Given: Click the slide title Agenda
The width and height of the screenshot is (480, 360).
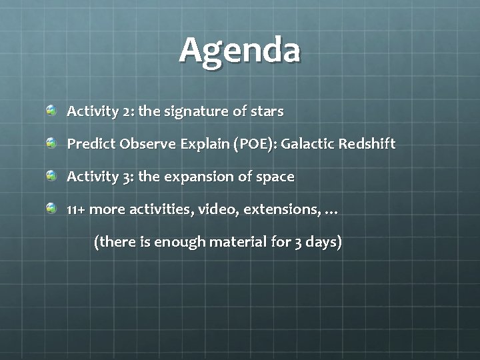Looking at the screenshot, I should [x=240, y=51].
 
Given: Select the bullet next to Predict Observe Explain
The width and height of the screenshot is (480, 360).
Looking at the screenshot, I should [x=51, y=143].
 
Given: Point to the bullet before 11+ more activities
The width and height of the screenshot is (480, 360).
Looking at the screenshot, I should [x=51, y=209].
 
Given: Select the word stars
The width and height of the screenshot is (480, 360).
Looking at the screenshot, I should [x=267, y=111].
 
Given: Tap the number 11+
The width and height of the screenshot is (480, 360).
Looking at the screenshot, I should [x=76, y=210].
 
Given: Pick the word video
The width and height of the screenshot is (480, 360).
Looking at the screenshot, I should [x=219, y=210].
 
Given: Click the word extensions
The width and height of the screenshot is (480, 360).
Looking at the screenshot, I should [x=281, y=210].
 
